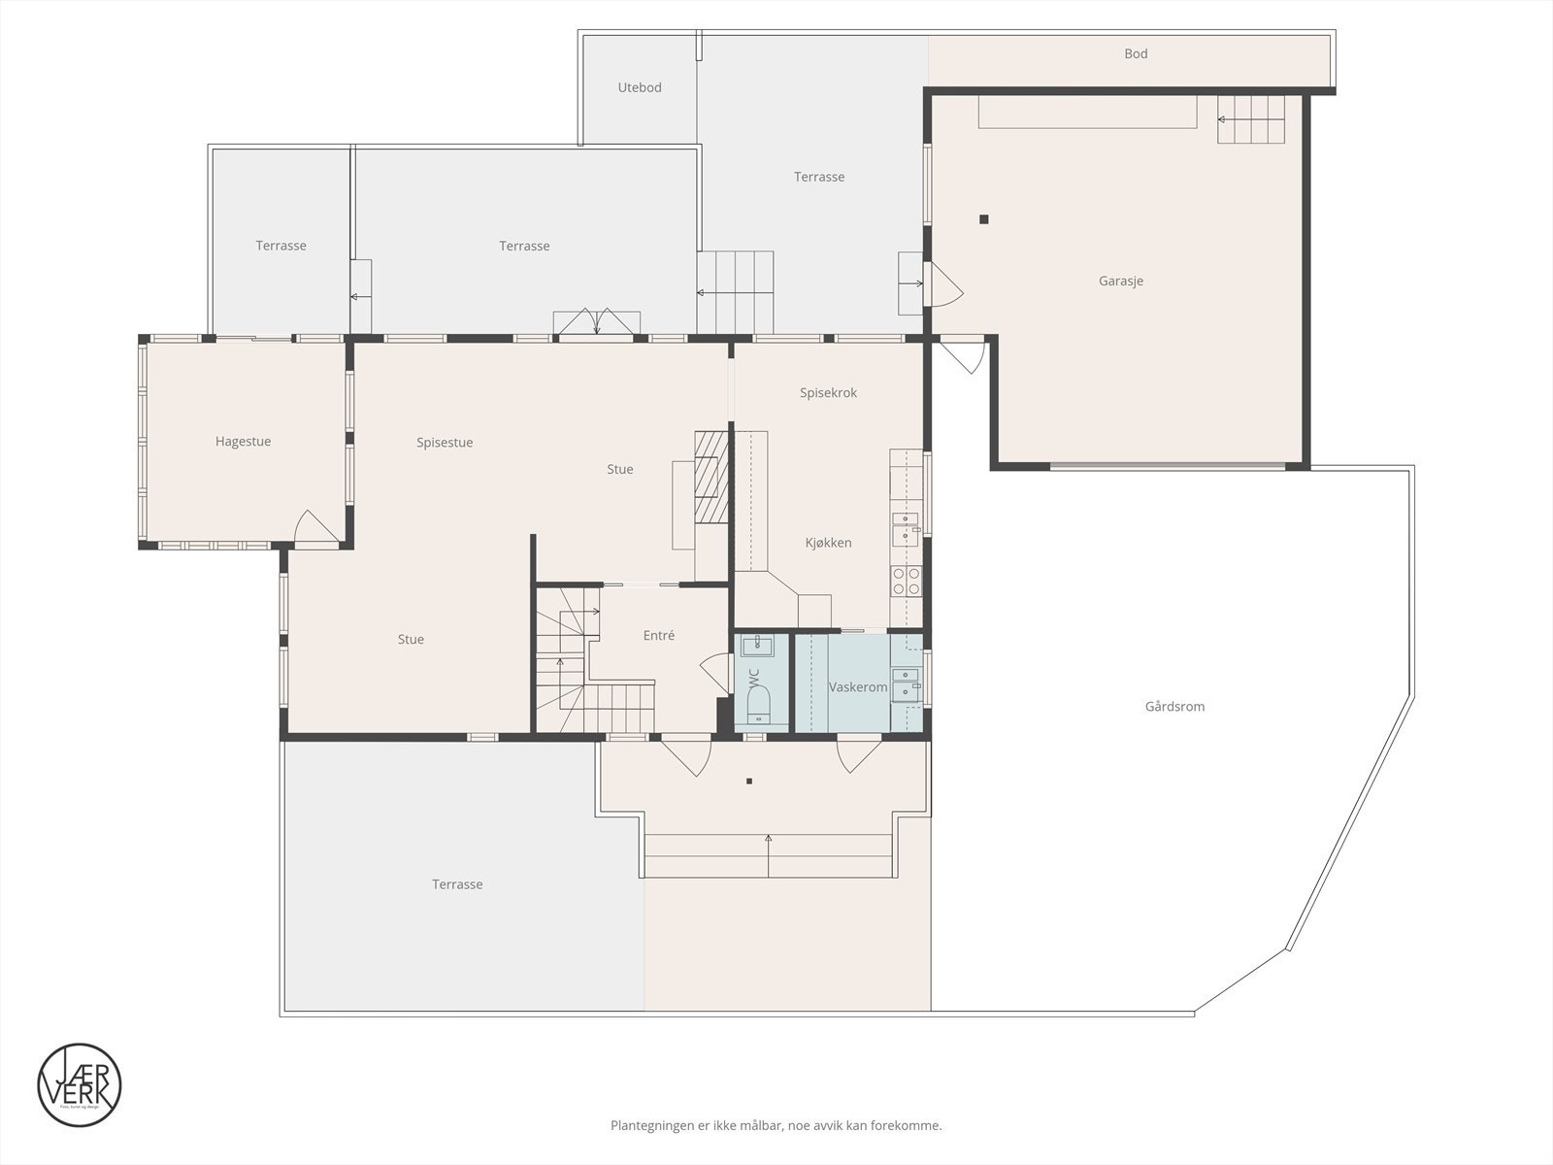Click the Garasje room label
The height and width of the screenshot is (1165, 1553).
1121,281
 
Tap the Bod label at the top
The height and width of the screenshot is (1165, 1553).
1136,53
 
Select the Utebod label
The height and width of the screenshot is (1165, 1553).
640,87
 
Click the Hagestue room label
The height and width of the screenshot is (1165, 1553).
243,442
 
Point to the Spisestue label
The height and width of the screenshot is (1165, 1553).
445,443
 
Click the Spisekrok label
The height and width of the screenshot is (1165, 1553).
828,393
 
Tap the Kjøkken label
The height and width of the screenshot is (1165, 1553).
828,543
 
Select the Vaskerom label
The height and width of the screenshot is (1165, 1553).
858,687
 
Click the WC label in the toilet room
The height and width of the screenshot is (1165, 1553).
754,678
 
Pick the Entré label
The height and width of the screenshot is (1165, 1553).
658,636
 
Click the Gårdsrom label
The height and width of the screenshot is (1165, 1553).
1174,707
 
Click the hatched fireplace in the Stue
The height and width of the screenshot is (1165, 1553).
710,478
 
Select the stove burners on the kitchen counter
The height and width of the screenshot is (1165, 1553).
906,582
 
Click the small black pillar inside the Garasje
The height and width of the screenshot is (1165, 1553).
983,219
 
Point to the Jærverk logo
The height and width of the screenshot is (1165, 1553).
80,1084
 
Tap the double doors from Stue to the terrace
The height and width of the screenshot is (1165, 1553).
597,323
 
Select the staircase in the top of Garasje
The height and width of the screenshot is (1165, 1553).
1251,119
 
